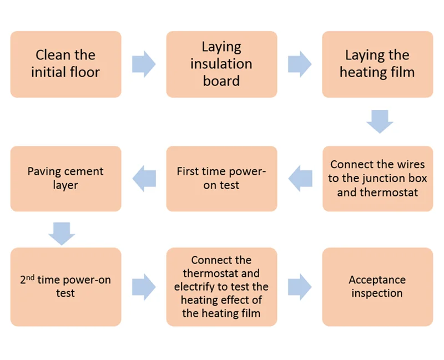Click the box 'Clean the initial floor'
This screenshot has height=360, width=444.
click(x=65, y=64)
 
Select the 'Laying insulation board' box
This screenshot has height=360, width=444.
click(x=221, y=64)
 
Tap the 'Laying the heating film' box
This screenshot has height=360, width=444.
click(x=377, y=64)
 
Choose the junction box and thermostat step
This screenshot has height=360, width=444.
click(x=377, y=179)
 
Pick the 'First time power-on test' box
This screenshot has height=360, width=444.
click(x=221, y=179)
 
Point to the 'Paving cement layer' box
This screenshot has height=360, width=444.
click(x=65, y=179)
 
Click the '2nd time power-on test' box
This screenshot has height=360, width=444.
click(x=65, y=286)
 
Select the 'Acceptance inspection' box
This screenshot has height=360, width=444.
click(x=377, y=286)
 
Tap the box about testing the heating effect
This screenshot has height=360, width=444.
click(x=221, y=286)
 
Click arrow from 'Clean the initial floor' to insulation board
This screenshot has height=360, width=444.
click(x=144, y=64)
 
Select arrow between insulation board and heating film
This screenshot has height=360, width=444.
click(x=300, y=64)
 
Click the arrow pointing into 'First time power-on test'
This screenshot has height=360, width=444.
click(x=300, y=178)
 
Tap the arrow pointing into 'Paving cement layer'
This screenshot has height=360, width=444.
click(x=144, y=178)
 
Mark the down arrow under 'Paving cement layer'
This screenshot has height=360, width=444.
click(x=62, y=234)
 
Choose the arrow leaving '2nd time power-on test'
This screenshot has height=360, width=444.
click(x=144, y=286)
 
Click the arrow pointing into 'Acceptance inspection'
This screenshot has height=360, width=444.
click(x=300, y=286)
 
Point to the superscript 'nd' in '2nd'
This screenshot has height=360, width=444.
click(x=31, y=276)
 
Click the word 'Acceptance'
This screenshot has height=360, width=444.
click(x=377, y=280)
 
